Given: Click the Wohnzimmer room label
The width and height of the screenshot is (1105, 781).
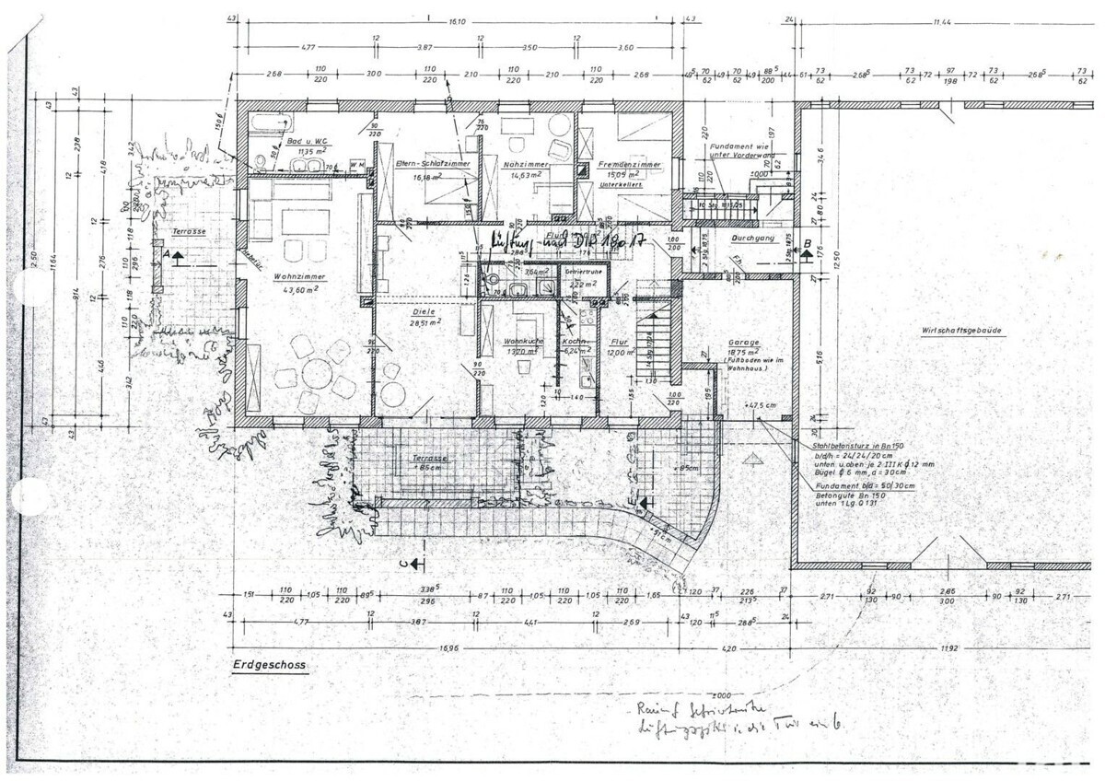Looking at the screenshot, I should pyautogui.click(x=305, y=276).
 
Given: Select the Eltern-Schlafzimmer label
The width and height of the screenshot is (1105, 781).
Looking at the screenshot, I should pyautogui.click(x=433, y=163).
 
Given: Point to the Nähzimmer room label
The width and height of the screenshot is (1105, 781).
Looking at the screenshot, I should pyautogui.click(x=526, y=164).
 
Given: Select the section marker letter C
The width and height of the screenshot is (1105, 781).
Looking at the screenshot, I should pyautogui.click(x=402, y=561).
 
